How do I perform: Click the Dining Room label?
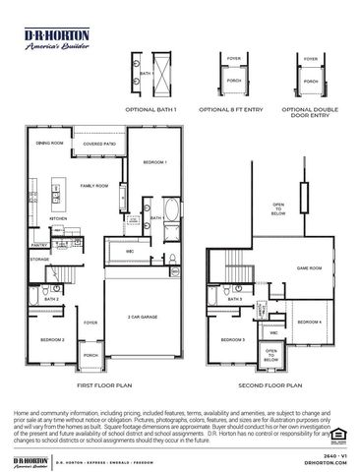[50, 144]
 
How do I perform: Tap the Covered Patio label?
[100, 144]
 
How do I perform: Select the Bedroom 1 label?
[154, 161]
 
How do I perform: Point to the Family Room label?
[94, 186]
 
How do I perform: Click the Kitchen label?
[57, 219]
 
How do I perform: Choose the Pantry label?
[39, 246]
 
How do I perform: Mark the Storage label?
[40, 260]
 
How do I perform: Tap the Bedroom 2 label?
[52, 340]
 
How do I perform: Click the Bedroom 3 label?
[232, 339]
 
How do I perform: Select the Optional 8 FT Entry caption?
[235, 109]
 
